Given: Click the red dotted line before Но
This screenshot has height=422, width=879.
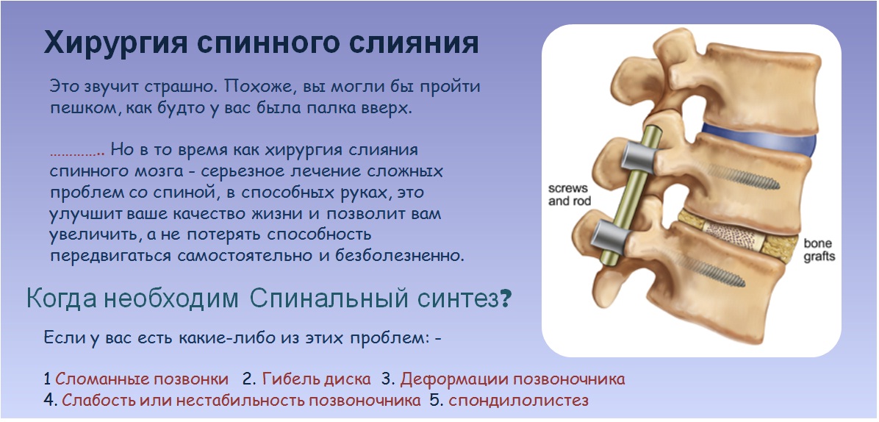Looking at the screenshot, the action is tap(77, 154).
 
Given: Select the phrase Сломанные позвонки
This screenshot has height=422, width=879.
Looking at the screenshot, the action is tap(142, 379).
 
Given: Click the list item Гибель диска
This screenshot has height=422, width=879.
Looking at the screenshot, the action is tap(316, 379).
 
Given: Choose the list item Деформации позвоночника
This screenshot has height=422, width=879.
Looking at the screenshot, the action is tap(512, 379).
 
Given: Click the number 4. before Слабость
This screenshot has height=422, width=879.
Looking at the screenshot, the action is tap(51, 401).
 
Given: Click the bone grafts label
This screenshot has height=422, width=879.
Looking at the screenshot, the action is tap(819, 250).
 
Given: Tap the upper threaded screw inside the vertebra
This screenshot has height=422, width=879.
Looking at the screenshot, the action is tap(743, 177).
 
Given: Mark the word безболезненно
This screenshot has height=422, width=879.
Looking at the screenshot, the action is tap(400, 256).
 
